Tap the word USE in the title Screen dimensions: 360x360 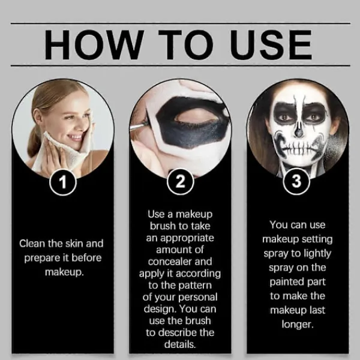tap(271, 44)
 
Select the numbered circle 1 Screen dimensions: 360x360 tap(62, 182)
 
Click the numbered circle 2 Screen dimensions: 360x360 tap(180, 182)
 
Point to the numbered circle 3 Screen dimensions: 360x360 tap(296, 181)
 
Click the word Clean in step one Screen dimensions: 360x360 tap(32, 244)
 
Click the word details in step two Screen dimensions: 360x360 tap(180, 344)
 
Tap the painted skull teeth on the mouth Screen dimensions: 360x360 tap(298, 149)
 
